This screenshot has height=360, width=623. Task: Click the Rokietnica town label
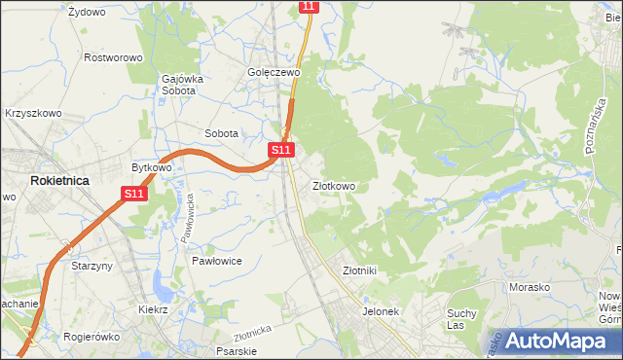[x=59, y=181]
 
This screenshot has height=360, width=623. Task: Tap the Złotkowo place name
[x=333, y=186]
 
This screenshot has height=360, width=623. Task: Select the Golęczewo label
[x=273, y=72]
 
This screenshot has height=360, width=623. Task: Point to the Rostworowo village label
[x=113, y=57]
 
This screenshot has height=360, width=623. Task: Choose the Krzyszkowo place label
[x=33, y=113]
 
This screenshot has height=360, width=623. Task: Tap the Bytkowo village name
[x=152, y=167]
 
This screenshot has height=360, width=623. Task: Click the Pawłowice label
[x=216, y=262]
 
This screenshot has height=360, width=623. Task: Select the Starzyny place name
[x=93, y=265]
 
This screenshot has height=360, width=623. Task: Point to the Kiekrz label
[x=153, y=309]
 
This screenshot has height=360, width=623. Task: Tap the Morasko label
[x=530, y=287]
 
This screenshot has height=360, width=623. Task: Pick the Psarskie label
[x=237, y=351]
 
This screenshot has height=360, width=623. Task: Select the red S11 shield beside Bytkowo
[x=135, y=194]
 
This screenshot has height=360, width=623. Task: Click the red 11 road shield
[x=309, y=6]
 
